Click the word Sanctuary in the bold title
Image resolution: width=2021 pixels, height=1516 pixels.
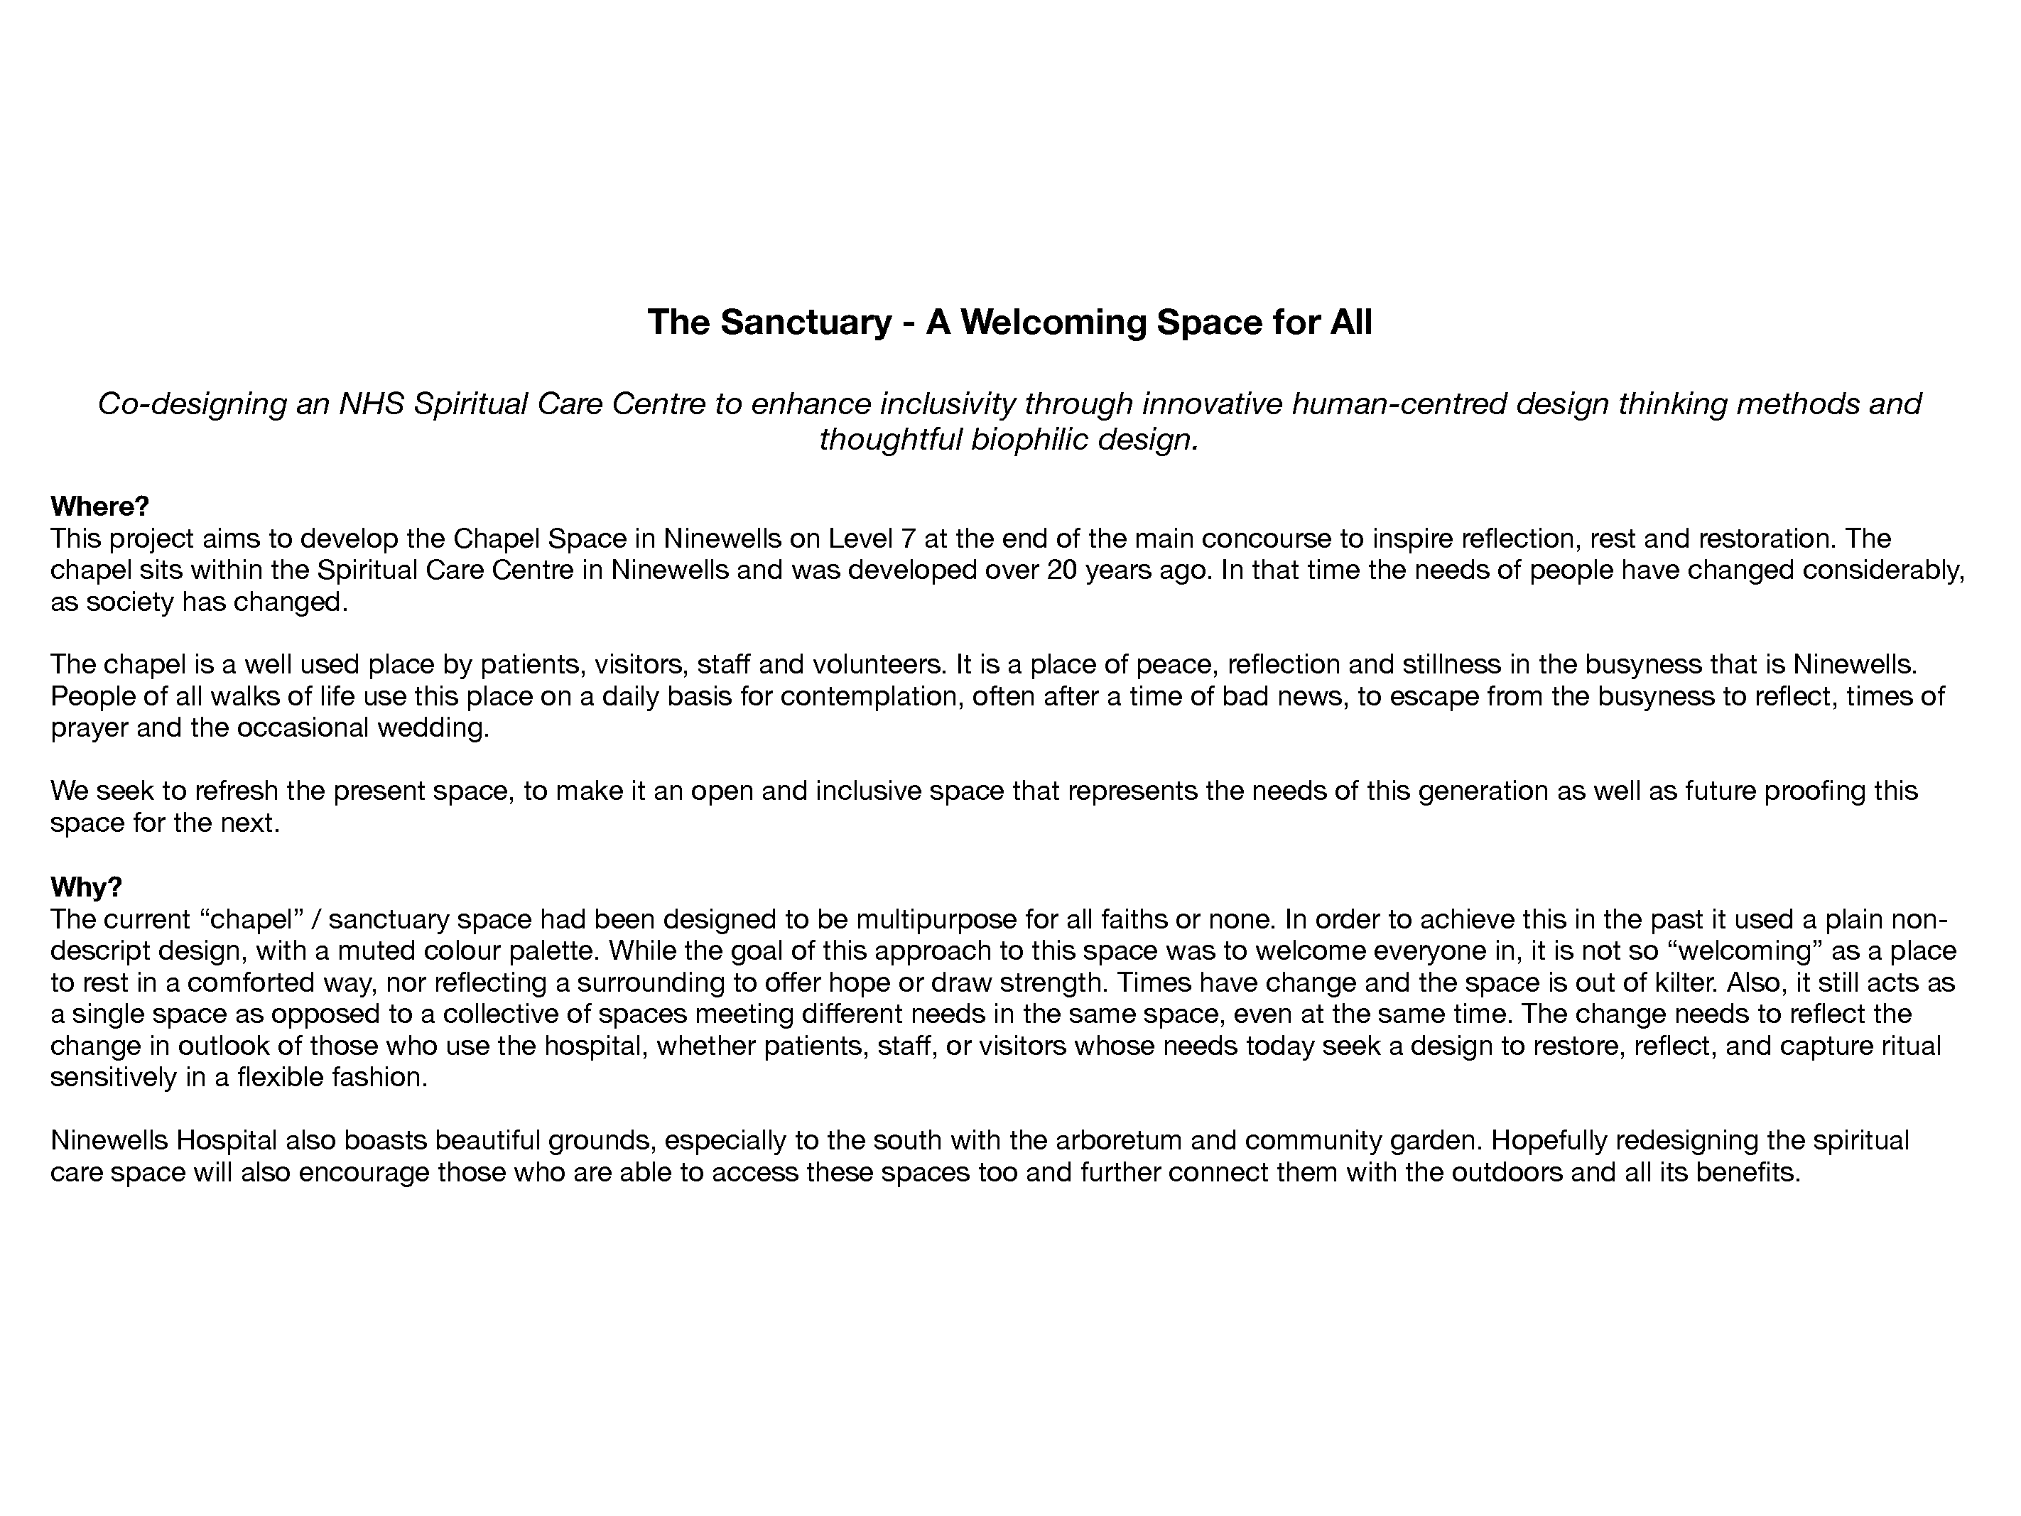(x=805, y=323)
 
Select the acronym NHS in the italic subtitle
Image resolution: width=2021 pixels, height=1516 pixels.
(x=371, y=404)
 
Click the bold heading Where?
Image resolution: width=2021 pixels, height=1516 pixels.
(x=99, y=507)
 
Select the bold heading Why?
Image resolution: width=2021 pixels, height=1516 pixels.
(x=86, y=887)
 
